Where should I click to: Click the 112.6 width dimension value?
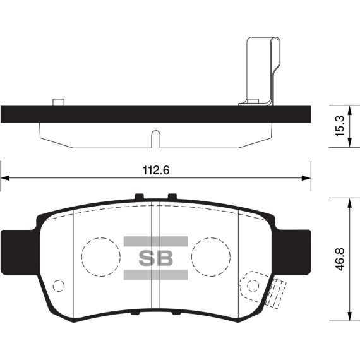[x=155, y=170]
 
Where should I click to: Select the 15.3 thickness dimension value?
[x=339, y=126]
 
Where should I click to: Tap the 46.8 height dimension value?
[x=339, y=258]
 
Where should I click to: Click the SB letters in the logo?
[x=155, y=258]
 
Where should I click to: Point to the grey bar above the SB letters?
[x=155, y=241]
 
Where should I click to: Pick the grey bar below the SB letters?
[x=155, y=274]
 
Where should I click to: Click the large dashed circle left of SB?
[x=100, y=257]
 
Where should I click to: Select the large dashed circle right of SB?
[x=210, y=257]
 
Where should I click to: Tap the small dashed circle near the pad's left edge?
[x=58, y=285]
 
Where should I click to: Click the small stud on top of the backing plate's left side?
[x=59, y=102]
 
